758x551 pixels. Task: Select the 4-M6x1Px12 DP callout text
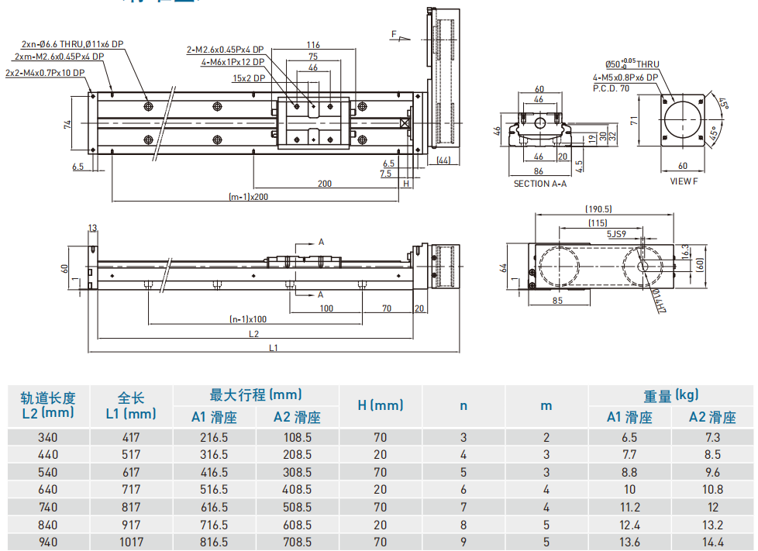[x=233, y=62]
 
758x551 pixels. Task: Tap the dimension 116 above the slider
[x=313, y=45]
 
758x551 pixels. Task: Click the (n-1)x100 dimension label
[x=248, y=319]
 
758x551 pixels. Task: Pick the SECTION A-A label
[x=540, y=184]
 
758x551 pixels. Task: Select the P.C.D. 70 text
[x=612, y=88]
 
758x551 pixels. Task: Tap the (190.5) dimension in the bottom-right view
[x=598, y=208]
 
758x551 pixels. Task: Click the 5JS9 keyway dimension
[x=616, y=233]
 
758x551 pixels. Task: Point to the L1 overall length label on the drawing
[x=273, y=349]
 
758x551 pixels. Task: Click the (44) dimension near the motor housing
[x=443, y=160]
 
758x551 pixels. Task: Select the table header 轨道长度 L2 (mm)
[x=48, y=405]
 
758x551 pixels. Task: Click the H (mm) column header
[x=381, y=405]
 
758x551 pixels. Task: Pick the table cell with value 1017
[x=131, y=542]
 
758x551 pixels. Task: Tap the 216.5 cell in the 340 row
[x=214, y=437]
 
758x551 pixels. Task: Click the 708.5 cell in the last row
[x=297, y=542]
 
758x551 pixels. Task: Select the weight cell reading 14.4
[x=711, y=542]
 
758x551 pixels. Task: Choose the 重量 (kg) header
[x=670, y=395]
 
